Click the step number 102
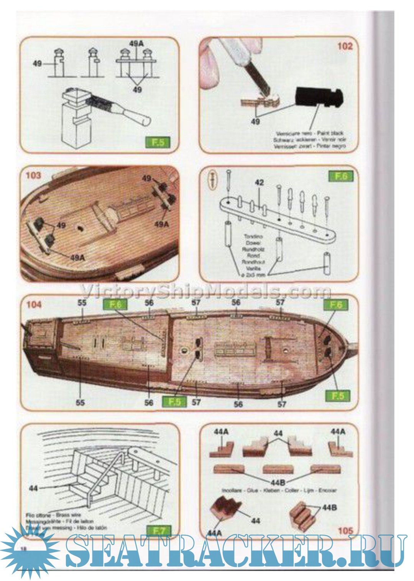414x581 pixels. (x=344, y=46)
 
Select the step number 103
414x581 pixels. (x=33, y=175)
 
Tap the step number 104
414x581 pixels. (x=34, y=304)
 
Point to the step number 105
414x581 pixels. (x=345, y=530)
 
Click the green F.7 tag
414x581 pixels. (x=159, y=531)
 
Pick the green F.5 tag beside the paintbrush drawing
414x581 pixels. (x=158, y=142)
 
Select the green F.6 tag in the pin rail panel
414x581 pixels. (x=341, y=176)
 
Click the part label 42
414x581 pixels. (x=259, y=183)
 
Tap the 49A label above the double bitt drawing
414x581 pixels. (x=136, y=43)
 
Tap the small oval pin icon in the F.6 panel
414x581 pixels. (x=214, y=178)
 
